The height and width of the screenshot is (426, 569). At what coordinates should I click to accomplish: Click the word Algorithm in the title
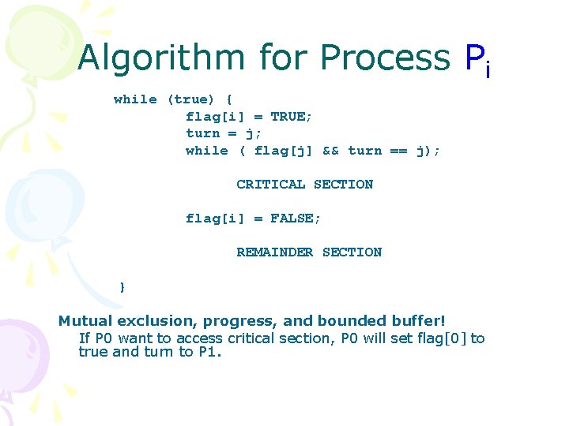tap(163, 58)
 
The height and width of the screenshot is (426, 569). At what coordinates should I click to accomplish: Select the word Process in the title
tap(385, 58)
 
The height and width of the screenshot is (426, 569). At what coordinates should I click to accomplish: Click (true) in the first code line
tap(190, 99)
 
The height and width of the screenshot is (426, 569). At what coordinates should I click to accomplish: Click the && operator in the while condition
tap(330, 151)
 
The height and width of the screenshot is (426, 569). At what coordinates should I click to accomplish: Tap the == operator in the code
tap(399, 151)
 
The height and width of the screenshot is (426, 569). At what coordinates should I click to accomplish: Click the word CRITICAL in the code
tap(270, 185)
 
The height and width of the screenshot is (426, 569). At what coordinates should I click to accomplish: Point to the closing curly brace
tap(122, 286)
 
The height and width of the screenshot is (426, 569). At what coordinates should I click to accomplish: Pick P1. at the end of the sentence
tap(210, 352)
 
